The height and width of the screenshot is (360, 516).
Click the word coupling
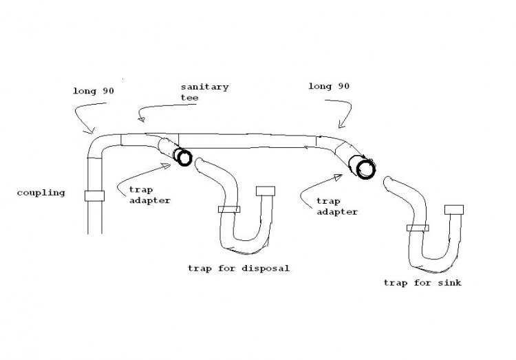[x=41, y=193]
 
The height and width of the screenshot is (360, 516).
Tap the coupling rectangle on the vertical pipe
[x=94, y=196]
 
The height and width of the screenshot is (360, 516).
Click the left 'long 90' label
[x=94, y=92]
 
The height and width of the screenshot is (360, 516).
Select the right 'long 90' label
[x=329, y=86]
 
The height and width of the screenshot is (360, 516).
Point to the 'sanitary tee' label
[x=204, y=92]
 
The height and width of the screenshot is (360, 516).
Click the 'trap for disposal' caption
[x=239, y=268]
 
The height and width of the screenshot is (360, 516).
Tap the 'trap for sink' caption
[x=422, y=283]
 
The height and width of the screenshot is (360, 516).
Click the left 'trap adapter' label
[x=150, y=195]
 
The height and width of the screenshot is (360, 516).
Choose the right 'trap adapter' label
[x=337, y=207]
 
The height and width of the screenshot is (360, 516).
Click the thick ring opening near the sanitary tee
[x=184, y=158]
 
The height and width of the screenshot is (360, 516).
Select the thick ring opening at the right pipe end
[x=366, y=169]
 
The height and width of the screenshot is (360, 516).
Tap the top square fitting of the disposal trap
[x=266, y=191]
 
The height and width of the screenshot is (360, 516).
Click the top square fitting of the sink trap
[x=454, y=210]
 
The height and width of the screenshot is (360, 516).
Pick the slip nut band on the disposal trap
[x=229, y=209]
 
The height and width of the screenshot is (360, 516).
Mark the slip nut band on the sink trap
[x=418, y=228]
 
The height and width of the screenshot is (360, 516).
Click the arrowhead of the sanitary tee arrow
[x=142, y=118]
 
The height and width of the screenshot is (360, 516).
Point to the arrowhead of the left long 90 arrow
[x=90, y=131]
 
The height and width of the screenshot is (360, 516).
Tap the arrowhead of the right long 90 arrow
[x=341, y=125]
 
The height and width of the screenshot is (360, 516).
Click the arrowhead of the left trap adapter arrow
[x=166, y=166]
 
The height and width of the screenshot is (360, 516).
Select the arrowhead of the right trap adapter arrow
[x=338, y=178]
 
